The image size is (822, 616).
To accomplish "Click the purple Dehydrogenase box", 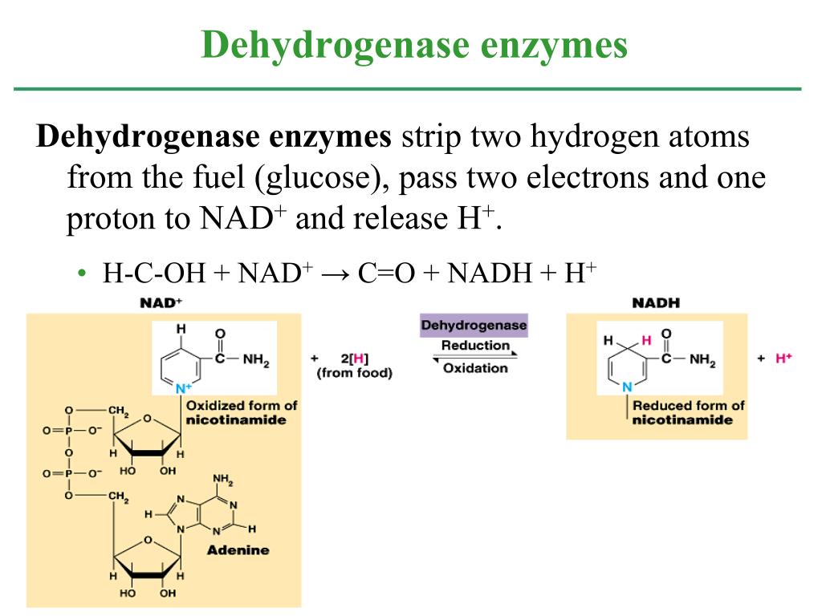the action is [x=474, y=326].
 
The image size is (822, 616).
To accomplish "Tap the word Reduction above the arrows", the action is [x=475, y=345].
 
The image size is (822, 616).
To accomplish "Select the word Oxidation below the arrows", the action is [x=475, y=368].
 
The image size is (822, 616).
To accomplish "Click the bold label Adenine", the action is [x=238, y=550].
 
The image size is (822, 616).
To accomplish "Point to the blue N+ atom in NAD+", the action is [x=184, y=389].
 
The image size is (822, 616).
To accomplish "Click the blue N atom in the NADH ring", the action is [x=627, y=387].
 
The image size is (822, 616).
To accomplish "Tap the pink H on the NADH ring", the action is [x=646, y=340].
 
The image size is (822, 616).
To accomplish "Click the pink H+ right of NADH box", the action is [x=783, y=359].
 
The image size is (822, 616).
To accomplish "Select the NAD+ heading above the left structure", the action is [x=161, y=302].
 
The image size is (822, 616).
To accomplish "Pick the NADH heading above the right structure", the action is [x=656, y=302].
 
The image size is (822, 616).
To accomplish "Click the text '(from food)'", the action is [x=354, y=374].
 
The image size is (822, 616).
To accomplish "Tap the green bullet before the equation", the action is [x=81, y=273].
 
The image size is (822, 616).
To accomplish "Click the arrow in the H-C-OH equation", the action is [x=336, y=274].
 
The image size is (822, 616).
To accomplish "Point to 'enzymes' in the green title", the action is [x=554, y=46].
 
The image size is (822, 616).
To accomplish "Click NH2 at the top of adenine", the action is [x=223, y=480].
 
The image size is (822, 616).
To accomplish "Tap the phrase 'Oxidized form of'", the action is [x=242, y=405].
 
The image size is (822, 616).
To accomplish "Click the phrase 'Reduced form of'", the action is [x=688, y=405].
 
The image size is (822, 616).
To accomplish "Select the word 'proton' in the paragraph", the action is [x=111, y=220].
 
